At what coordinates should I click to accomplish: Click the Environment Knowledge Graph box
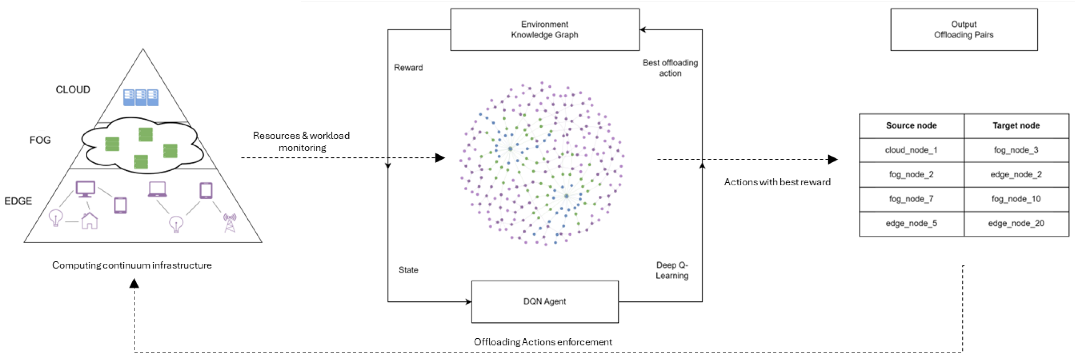(x=545, y=30)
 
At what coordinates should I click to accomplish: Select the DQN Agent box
(x=545, y=301)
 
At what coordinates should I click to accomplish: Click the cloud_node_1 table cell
(x=911, y=150)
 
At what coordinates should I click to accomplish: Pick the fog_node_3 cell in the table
(x=1016, y=150)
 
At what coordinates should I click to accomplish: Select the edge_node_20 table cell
(x=1016, y=223)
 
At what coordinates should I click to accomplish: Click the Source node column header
(x=911, y=126)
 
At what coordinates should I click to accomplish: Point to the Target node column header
(x=1016, y=126)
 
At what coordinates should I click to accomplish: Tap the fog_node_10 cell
(x=1016, y=199)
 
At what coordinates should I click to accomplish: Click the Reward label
(x=408, y=68)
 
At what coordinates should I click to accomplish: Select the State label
(x=408, y=270)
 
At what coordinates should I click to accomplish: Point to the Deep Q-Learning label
(x=672, y=270)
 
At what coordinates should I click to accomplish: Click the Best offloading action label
(x=670, y=68)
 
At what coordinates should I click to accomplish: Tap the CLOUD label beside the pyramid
(x=73, y=90)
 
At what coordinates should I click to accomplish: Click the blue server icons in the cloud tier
(x=141, y=97)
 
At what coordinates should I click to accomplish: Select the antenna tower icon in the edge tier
(x=229, y=222)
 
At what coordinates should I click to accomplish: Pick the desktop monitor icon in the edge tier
(x=86, y=189)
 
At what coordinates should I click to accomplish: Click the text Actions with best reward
(x=777, y=182)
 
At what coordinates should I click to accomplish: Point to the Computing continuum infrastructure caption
(x=132, y=265)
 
